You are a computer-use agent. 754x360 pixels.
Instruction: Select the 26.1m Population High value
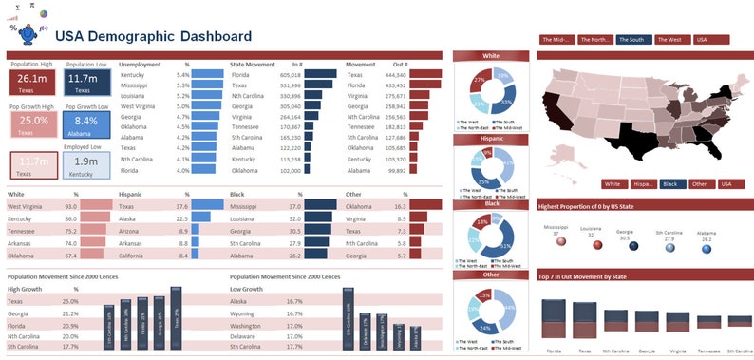point(32,79)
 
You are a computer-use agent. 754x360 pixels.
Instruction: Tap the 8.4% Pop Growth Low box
point(85,121)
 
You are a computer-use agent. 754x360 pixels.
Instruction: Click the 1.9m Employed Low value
point(85,161)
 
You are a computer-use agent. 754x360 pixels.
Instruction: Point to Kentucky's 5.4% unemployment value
point(183,74)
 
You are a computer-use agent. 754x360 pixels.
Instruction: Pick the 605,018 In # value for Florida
point(291,74)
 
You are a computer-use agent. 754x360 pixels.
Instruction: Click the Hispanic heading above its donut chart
point(491,139)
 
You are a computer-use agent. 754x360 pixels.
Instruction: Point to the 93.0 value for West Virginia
point(70,206)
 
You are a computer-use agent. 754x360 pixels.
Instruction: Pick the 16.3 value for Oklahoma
point(400,206)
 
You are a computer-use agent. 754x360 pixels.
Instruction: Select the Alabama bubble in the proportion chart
point(706,247)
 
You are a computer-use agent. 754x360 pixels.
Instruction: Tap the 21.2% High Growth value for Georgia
point(70,313)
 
